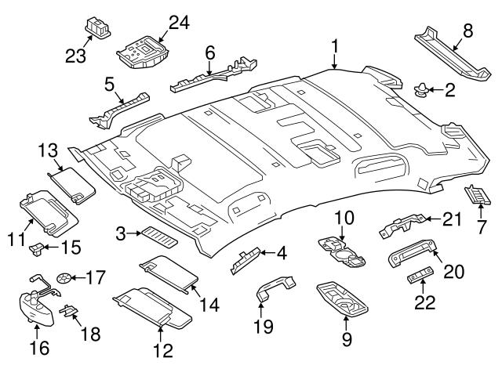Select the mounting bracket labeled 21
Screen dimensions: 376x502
coord(402,226)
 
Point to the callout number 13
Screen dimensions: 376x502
coord(49,149)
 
